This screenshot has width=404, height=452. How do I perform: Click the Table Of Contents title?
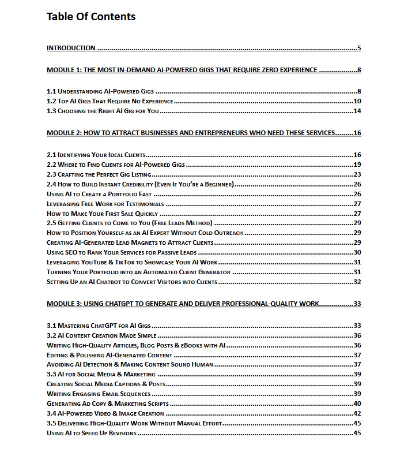point(91,17)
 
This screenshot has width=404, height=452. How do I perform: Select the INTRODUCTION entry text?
point(71,48)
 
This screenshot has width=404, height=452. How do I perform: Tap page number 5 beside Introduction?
point(358,48)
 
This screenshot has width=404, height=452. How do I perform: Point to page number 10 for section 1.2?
point(357,101)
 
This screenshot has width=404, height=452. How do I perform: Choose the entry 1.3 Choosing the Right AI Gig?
point(103,111)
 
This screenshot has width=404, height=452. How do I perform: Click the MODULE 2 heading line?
point(191,133)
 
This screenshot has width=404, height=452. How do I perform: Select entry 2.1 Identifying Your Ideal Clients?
point(96,155)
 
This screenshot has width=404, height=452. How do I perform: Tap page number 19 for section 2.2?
point(357,165)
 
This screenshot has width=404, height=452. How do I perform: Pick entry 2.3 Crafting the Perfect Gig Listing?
point(99,174)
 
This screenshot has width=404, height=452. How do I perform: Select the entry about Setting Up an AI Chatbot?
point(132,282)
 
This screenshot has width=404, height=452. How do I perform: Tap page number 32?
point(357,282)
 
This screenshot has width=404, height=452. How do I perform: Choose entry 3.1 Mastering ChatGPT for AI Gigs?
point(99,326)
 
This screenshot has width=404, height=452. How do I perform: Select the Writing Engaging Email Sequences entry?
point(99,394)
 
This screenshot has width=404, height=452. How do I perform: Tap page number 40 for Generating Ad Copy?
point(357,404)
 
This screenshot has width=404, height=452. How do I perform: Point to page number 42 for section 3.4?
point(357,413)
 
